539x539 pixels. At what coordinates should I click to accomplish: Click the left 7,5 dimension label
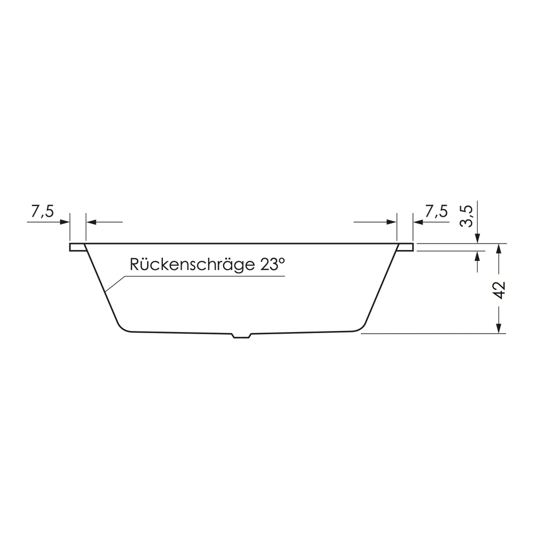43,211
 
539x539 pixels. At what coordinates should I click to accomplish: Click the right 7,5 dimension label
437,211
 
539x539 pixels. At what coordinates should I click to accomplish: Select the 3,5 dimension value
466,216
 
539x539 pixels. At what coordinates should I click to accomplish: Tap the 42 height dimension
500,290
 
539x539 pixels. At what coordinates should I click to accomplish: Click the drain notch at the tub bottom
242,335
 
